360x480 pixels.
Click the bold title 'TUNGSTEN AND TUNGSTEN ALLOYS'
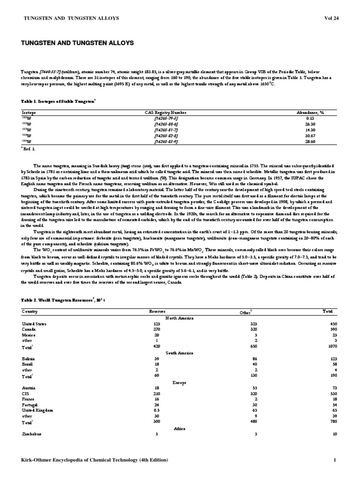pos(77,43)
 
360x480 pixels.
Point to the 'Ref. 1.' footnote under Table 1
pos(29,148)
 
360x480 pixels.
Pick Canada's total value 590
pos(333,329)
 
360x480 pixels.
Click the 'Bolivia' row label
pos(28,358)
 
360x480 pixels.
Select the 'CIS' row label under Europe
pos(25,393)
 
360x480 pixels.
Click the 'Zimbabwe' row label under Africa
pos(31,434)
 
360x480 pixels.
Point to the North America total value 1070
pos(332,346)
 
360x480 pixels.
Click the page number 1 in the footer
pos(335,460)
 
